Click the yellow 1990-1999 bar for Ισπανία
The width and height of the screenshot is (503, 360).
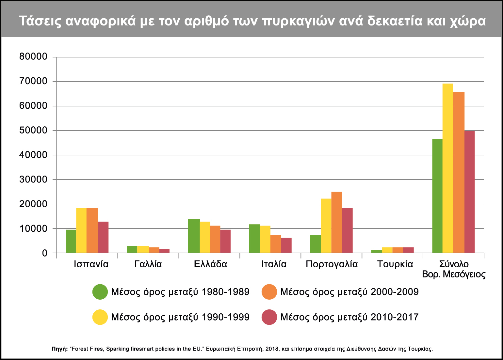coord(81,230)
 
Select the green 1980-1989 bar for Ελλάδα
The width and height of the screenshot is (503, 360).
coord(194,236)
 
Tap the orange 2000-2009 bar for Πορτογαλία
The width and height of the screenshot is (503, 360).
coord(337,222)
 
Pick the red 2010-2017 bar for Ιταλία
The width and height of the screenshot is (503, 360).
coord(286,245)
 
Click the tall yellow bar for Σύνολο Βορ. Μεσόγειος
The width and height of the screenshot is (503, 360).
coord(447,168)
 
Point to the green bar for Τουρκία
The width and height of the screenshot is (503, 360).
coord(376,251)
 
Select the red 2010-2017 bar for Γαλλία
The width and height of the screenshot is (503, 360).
coord(164,251)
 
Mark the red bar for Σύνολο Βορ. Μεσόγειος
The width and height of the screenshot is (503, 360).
coord(469,192)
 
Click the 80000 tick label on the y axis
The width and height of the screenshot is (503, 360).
coord(33,57)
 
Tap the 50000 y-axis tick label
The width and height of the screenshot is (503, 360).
coord(33,131)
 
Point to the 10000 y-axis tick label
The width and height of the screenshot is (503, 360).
coord(33,228)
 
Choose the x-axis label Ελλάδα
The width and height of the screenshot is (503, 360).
coord(210,264)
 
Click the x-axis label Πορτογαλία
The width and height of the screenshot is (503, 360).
coord(332,264)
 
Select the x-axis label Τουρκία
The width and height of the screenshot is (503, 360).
coord(395,264)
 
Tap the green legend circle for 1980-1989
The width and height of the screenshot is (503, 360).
coord(100,292)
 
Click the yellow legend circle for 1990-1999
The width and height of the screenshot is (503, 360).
coord(100,317)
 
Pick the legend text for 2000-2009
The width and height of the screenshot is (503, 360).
coord(349,292)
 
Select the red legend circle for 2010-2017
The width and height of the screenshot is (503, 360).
coord(269,317)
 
